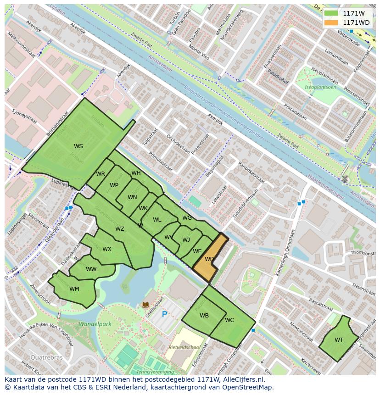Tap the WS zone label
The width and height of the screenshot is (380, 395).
[78, 146]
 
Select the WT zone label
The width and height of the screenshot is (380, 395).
[339, 340]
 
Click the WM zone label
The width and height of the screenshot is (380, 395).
[74, 289]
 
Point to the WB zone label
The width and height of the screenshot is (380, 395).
[204, 316]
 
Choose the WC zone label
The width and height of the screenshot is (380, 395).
[229, 320]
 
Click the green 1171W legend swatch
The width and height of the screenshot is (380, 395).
[330, 13]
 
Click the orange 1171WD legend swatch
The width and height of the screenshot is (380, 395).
[330, 22]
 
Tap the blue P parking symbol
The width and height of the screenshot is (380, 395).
[164, 315]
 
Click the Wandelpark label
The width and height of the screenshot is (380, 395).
[95, 324]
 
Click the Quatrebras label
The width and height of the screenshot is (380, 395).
[45, 357]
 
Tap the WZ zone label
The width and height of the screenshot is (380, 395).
[120, 229]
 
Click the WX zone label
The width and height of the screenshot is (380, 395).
[107, 249]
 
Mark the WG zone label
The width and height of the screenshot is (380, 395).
[187, 218]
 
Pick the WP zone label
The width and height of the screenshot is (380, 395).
[114, 185]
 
